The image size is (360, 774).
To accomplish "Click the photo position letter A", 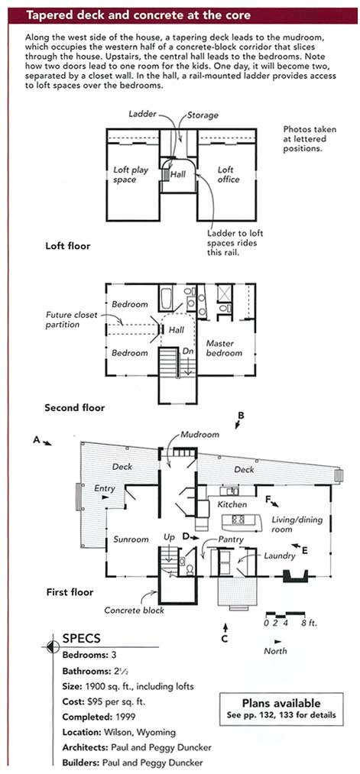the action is tap(36, 439).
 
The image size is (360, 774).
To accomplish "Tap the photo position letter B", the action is tap(241, 416).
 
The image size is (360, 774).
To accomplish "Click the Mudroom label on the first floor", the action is tap(199, 435).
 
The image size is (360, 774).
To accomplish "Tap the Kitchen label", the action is tap(232, 504).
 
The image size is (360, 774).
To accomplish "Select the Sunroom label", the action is tap(131, 539).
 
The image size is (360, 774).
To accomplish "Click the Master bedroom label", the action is tap(224, 348).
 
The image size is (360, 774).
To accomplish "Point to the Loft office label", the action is tap(228, 174).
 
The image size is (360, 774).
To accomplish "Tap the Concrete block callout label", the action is tap(134, 610).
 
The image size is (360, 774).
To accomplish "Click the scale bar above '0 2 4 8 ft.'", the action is tap(285, 614).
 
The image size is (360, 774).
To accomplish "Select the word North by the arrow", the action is tap(275, 650).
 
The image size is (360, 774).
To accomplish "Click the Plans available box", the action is tap(281, 709).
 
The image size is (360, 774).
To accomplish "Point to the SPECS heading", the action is tap(82, 638).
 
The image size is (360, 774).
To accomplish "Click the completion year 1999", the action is tap(125, 716).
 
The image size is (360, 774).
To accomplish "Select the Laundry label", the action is tap(280, 555).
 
